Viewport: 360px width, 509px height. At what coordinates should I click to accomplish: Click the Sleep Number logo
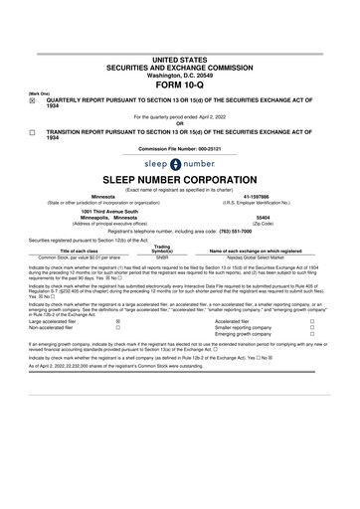point(179,164)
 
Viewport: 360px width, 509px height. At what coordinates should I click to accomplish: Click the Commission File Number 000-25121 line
point(179,149)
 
